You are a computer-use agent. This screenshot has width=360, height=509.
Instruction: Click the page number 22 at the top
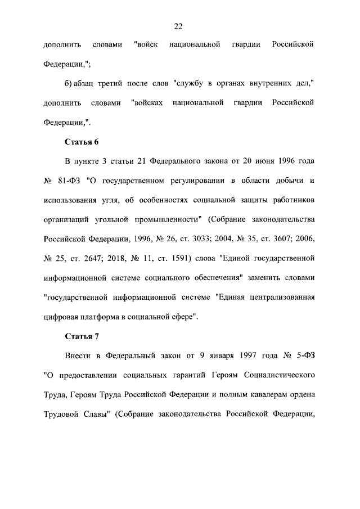(178, 26)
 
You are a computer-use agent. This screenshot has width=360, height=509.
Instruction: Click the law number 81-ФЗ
(70, 181)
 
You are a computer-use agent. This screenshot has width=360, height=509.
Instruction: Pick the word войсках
(146, 103)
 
